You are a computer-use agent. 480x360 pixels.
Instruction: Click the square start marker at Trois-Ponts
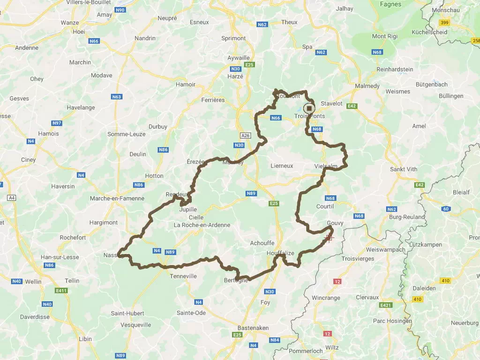click(309, 108)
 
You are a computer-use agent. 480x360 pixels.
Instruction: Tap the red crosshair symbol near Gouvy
click(329, 238)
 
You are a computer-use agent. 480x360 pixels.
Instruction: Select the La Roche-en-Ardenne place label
click(202, 225)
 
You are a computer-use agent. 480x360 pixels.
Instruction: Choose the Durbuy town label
click(157, 127)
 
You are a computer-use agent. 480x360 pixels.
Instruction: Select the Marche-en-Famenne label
click(117, 198)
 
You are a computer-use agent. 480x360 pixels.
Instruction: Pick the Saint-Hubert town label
click(127, 313)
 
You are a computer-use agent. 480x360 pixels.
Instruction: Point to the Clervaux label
click(367, 297)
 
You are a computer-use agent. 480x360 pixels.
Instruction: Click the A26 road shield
click(245, 135)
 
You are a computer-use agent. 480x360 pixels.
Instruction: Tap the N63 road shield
click(117, 97)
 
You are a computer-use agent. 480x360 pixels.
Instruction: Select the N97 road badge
click(57, 123)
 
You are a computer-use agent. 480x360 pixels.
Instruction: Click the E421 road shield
click(386, 305)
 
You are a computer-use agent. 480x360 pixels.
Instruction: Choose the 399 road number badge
click(444, 22)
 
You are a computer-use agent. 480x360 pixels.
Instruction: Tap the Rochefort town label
click(73, 238)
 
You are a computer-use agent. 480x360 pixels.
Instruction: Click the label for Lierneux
click(282, 165)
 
